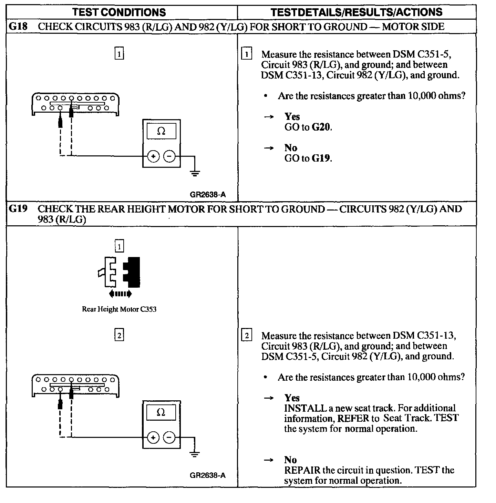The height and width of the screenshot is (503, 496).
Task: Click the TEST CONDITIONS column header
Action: click(119, 12)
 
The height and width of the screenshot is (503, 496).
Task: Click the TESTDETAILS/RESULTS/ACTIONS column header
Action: click(356, 12)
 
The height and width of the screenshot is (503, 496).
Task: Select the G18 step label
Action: click(18, 27)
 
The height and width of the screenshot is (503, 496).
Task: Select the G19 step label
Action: click(18, 209)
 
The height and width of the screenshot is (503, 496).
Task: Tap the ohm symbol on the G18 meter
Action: click(161, 131)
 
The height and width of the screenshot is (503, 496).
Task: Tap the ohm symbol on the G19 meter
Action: click(161, 412)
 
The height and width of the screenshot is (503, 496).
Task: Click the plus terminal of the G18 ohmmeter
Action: click(153, 157)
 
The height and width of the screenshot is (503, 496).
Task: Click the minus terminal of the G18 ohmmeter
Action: click(169, 157)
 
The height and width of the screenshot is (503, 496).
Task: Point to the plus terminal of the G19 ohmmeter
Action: click(153, 438)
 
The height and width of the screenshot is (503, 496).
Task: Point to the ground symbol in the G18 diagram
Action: click(195, 173)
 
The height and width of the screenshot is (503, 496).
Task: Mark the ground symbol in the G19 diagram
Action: click(195, 454)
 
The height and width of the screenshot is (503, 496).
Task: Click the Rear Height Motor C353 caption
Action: click(119, 309)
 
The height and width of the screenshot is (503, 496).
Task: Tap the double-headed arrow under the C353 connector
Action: click(120, 294)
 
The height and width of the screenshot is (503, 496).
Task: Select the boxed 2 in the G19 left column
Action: click(119, 335)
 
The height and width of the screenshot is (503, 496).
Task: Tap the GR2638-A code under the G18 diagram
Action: click(208, 194)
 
